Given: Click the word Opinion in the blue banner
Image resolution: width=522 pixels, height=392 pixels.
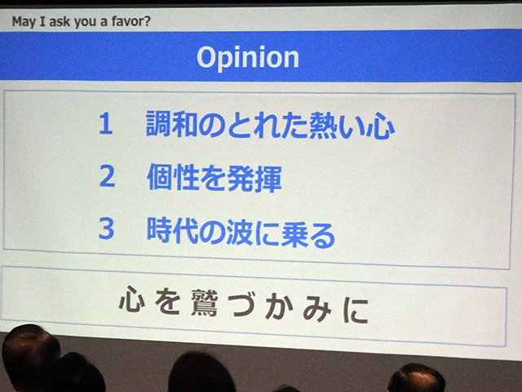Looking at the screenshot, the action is pyautogui.click(x=248, y=58).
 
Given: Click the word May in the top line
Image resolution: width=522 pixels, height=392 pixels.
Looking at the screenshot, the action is pyautogui.click(x=24, y=22).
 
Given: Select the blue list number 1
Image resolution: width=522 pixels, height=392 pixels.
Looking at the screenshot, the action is pyautogui.click(x=105, y=123).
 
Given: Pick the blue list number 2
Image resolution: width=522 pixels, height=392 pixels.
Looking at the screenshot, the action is pyautogui.click(x=107, y=176).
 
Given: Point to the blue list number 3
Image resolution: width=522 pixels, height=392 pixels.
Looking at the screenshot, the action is pyautogui.click(x=107, y=229).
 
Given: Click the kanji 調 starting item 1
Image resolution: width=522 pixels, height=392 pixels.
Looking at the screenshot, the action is pyautogui.click(x=158, y=124).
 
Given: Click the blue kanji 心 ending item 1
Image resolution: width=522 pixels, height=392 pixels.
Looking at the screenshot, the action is pyautogui.click(x=380, y=126).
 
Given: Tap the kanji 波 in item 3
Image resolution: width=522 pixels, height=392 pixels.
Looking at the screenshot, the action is pyautogui.click(x=240, y=232).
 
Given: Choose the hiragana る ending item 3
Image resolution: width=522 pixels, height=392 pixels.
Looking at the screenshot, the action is pyautogui.click(x=322, y=235).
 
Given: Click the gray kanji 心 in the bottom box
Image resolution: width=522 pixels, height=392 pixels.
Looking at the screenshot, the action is pyautogui.click(x=132, y=299).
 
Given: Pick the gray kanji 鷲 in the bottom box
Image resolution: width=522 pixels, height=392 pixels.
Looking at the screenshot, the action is pyautogui.click(x=205, y=303).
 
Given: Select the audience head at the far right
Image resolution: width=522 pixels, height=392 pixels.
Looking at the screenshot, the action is pyautogui.click(x=416, y=377).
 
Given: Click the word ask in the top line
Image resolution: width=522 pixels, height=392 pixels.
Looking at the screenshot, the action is pyautogui.click(x=60, y=22).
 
